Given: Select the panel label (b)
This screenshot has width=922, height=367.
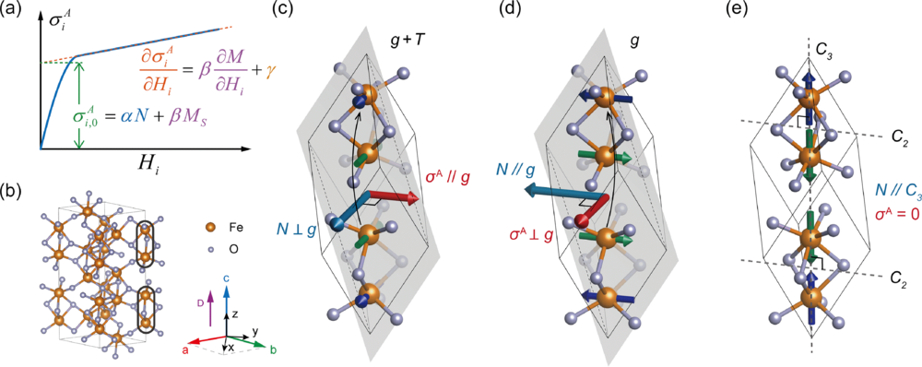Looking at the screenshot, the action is [12, 190].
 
